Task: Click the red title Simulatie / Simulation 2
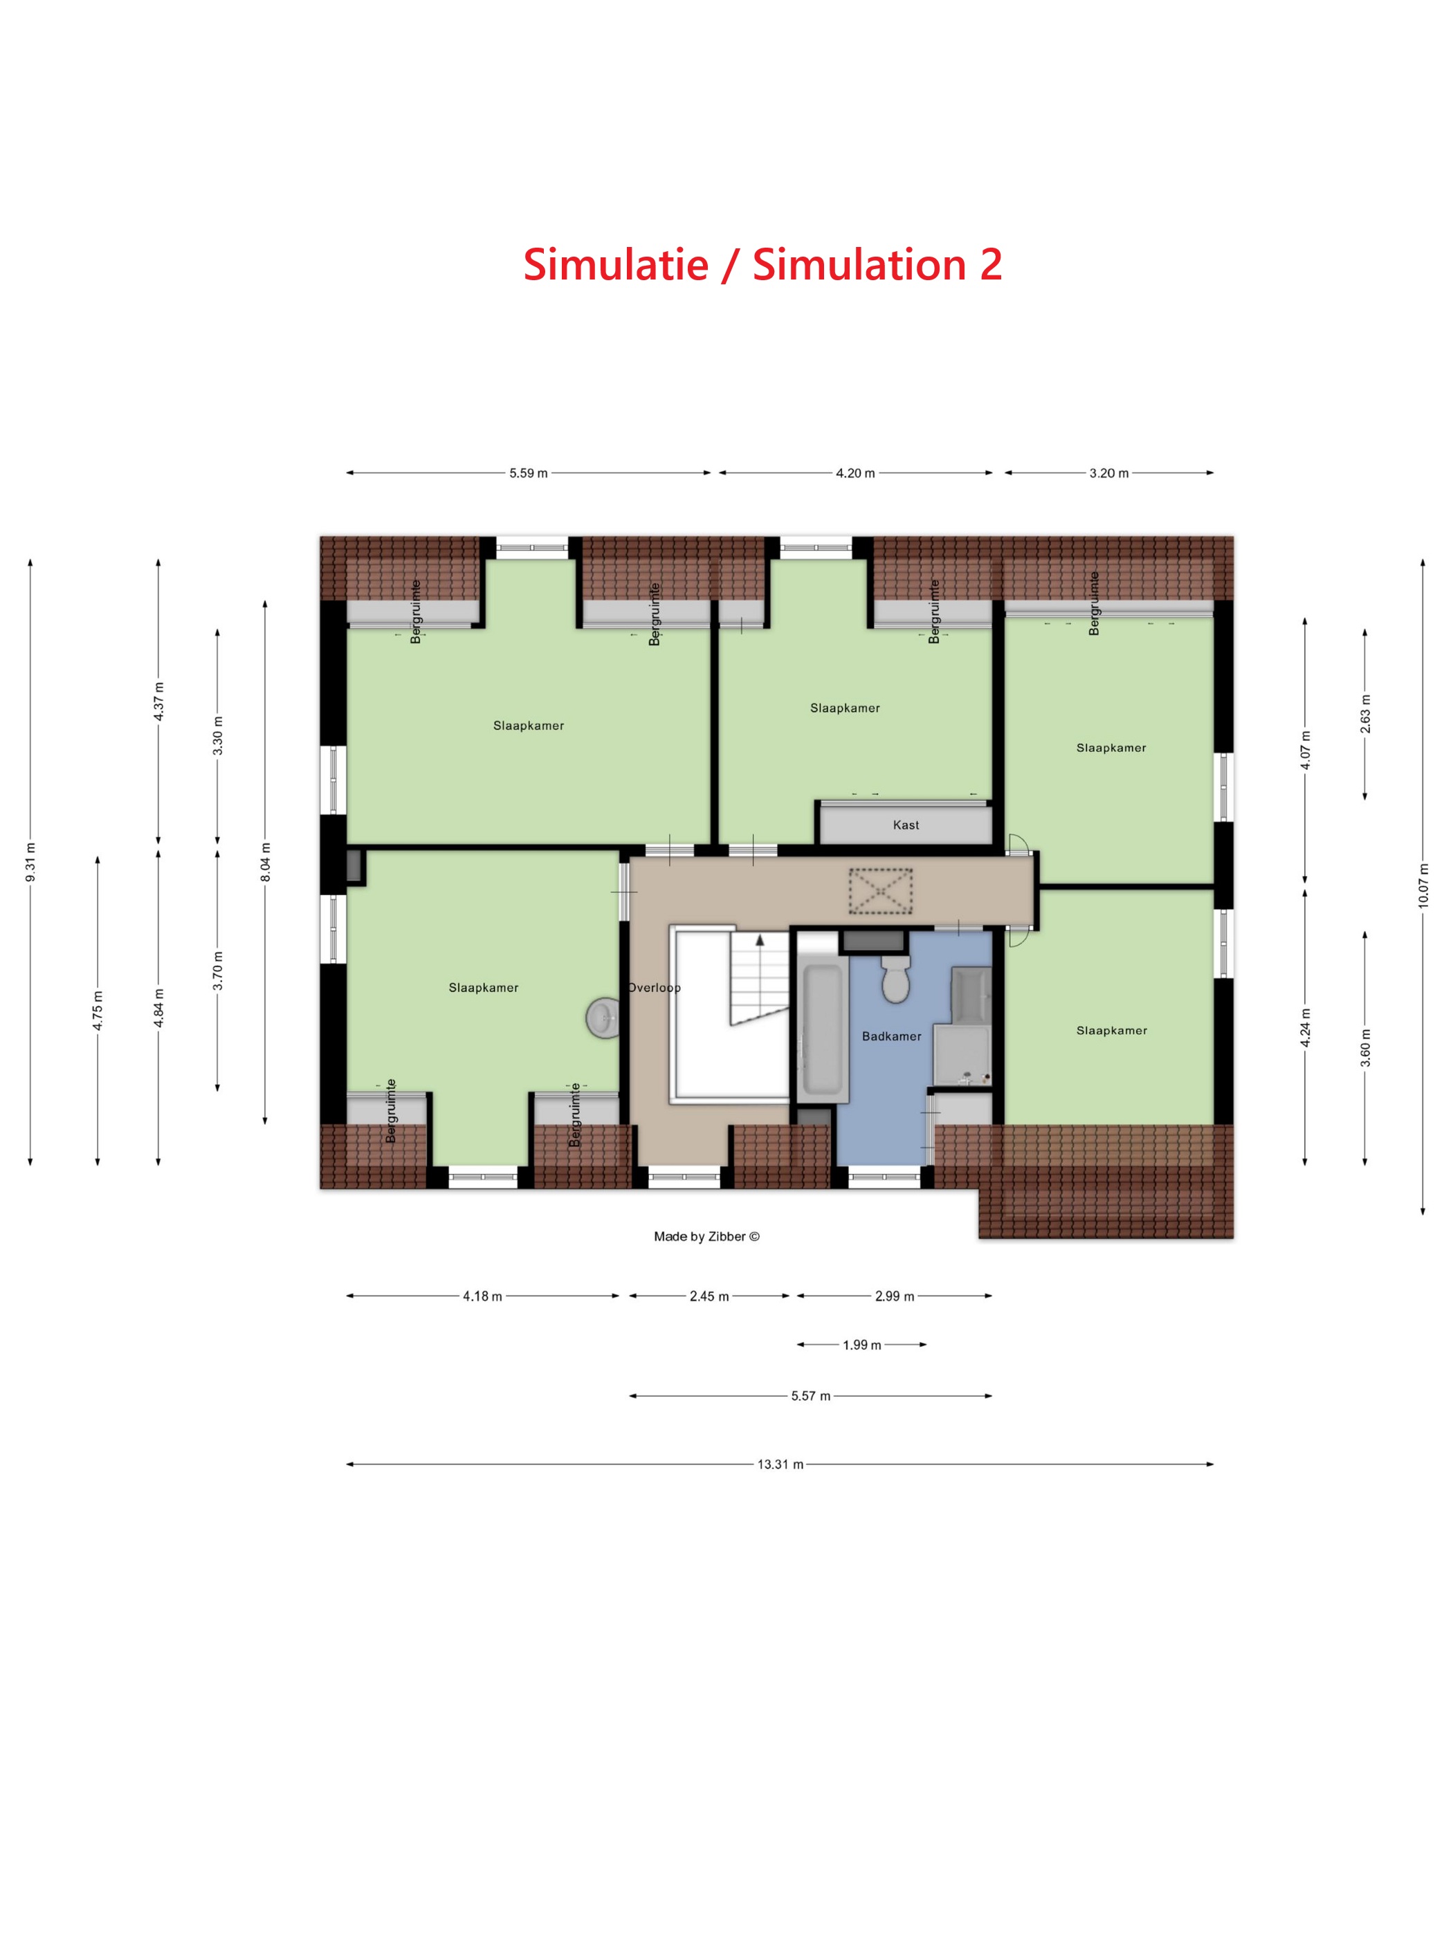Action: (x=762, y=264)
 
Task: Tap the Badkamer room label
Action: (x=892, y=1036)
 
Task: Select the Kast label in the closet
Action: (x=906, y=825)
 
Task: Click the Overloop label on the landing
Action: (x=655, y=988)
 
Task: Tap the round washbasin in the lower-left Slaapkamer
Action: (x=602, y=1018)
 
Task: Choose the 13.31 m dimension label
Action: (x=780, y=1464)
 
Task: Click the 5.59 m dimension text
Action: (x=528, y=474)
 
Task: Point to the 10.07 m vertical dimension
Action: (x=1423, y=885)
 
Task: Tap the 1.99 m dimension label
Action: (x=862, y=1345)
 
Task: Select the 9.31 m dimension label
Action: (x=30, y=862)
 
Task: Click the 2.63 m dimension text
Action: (x=1365, y=714)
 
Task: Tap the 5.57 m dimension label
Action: (x=810, y=1396)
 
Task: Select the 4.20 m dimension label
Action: (x=855, y=474)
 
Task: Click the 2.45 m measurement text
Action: (x=709, y=1296)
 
